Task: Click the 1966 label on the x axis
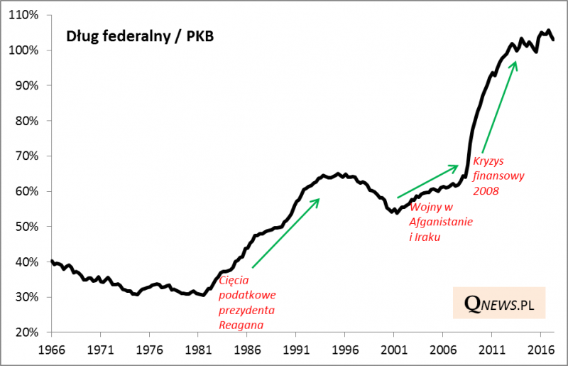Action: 51,350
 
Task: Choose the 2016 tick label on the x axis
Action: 541,350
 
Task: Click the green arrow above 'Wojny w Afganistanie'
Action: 427,181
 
